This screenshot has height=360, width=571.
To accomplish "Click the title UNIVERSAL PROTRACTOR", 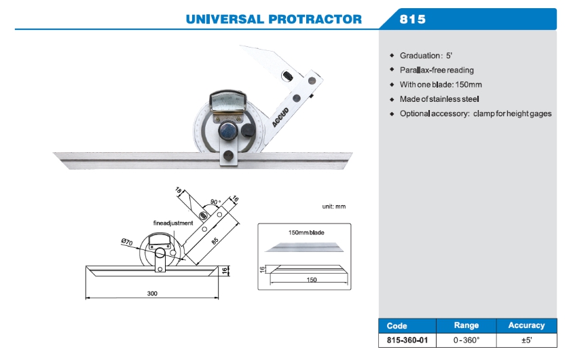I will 274,19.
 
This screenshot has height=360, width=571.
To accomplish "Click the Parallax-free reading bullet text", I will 437,70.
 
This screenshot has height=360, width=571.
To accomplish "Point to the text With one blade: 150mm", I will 441,85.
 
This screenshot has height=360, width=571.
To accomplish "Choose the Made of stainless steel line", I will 439,99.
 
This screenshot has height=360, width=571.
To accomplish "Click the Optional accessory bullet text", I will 475,113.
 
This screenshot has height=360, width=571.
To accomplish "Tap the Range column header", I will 466,326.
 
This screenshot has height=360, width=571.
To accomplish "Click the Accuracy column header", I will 526,326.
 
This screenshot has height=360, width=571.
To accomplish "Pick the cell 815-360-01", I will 407,340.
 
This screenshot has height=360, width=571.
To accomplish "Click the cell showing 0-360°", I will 466,340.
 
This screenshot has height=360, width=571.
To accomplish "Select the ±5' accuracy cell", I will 526,340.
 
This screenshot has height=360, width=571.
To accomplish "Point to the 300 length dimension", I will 151,293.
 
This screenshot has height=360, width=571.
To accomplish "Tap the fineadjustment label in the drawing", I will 172,223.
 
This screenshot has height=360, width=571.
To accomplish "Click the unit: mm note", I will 333,206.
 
